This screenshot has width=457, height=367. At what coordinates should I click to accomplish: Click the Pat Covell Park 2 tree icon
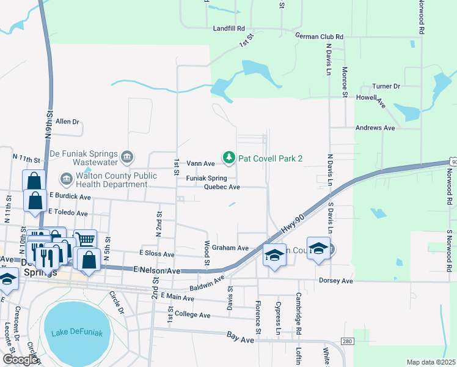pyautogui.click(x=229, y=158)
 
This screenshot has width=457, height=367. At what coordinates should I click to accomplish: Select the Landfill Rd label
pyautogui.click(x=228, y=28)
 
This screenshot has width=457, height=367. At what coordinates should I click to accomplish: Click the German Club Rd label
pyautogui.click(x=319, y=37)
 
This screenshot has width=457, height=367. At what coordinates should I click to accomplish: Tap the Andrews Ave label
pyautogui.click(x=375, y=128)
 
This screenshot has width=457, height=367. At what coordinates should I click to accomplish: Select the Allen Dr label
pyautogui.click(x=67, y=122)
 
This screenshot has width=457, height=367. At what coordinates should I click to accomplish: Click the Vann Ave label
pyautogui.click(x=200, y=163)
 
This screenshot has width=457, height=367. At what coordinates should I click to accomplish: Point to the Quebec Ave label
pyautogui.click(x=221, y=187)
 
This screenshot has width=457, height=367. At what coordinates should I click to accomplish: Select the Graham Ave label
pyautogui.click(x=234, y=248)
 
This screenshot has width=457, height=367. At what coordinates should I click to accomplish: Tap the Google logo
pyautogui.click(x=20, y=360)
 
